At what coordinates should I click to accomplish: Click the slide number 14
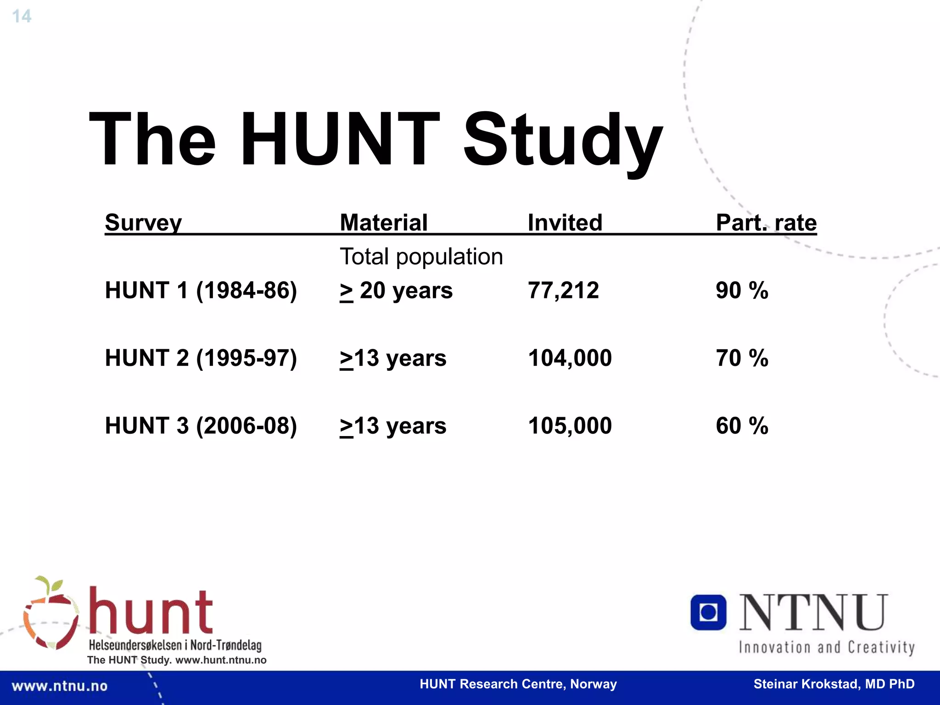pos(22,17)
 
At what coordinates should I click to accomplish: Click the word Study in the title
pos(563,140)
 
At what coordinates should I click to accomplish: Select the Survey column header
pos(143,223)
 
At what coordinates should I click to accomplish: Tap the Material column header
pos(384,223)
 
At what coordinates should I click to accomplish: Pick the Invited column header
pos(565,223)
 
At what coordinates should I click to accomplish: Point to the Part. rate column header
pos(766,223)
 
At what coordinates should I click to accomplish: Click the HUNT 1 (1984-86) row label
pos(201,291)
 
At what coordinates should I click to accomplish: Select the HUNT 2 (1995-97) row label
pos(201,358)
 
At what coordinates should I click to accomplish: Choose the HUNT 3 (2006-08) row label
pos(201,426)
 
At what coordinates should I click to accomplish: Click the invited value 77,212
pos(563,291)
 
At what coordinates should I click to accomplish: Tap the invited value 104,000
pos(570,358)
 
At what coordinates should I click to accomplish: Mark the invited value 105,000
pos(570,426)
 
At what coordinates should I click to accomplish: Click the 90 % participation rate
pos(742,291)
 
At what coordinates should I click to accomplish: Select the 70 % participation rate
pos(742,358)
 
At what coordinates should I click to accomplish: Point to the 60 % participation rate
pos(742,426)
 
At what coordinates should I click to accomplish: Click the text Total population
pos(421,257)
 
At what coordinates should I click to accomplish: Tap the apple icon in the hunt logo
pos(50,615)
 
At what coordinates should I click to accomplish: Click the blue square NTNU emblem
pos(708,612)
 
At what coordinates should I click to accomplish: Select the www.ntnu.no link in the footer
pos(60,686)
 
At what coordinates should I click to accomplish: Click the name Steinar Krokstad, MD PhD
pos(834,684)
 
